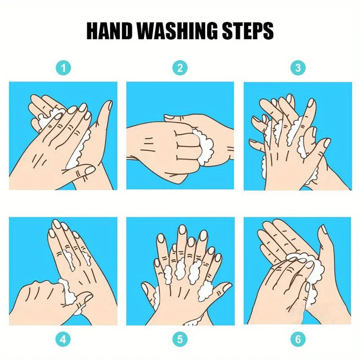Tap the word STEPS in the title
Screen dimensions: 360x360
pyautogui.click(x=247, y=31)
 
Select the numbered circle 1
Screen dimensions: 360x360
pyautogui.click(x=63, y=68)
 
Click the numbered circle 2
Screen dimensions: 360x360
pyautogui.click(x=180, y=68)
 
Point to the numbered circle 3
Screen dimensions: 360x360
pyautogui.click(x=298, y=68)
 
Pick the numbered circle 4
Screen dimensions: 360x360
pyautogui.click(x=63, y=339)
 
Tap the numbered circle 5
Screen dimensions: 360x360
pyautogui.click(x=180, y=339)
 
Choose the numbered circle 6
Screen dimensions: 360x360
pyautogui.click(x=298, y=339)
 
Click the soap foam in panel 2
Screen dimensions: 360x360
pyautogui.click(x=204, y=147)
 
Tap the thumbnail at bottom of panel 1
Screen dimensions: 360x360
pyautogui.click(x=90, y=170)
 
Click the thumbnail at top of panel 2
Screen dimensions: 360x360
pyautogui.click(x=170, y=117)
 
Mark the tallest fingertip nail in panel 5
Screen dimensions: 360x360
pyautogui.click(x=182, y=230)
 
